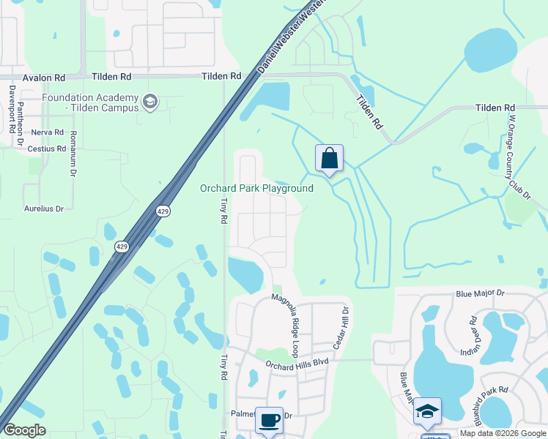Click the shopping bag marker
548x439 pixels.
point(330,158)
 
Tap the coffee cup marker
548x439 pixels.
point(269,420)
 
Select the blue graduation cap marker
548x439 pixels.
point(427,411)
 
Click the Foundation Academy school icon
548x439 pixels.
point(151,100)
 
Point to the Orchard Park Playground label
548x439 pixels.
point(256,189)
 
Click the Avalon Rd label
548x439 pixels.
point(44,77)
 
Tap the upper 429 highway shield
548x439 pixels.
point(163,211)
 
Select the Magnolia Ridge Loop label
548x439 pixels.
point(286,318)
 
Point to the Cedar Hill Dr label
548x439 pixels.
point(344,327)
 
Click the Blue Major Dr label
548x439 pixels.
point(480,293)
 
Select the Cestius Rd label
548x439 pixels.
point(47,149)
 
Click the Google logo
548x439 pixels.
point(25,429)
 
